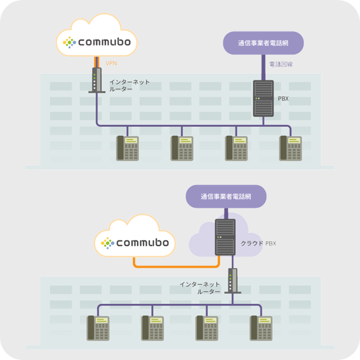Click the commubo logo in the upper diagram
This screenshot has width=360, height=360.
[x=97, y=41]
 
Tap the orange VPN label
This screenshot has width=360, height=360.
[x=111, y=64]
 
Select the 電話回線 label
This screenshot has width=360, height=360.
[x=281, y=65]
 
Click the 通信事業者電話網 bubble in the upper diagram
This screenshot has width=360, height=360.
[x=263, y=43]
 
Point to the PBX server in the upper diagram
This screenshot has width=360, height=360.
[x=263, y=98]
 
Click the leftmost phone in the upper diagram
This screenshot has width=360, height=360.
[x=128, y=148]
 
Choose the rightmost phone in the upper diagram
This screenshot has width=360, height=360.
[x=291, y=148]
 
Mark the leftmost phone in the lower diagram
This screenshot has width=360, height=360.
[x=98, y=327]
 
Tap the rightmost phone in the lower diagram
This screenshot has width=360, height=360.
[x=262, y=327]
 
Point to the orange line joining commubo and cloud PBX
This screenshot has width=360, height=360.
[x=174, y=266]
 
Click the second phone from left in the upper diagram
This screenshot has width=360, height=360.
[x=182, y=148]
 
